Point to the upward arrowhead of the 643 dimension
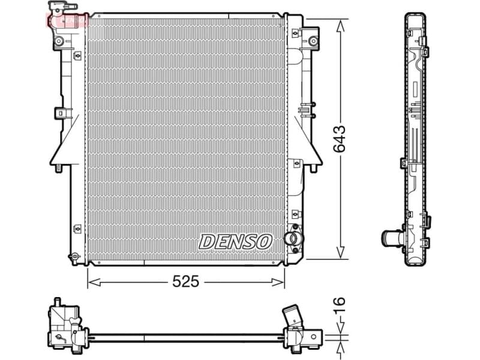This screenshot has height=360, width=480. pos(341,24)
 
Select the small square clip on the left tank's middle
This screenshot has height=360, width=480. pos(61,112)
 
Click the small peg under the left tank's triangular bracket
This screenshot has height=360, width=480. pos(60,167)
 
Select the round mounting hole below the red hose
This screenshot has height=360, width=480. pos(59,41)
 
